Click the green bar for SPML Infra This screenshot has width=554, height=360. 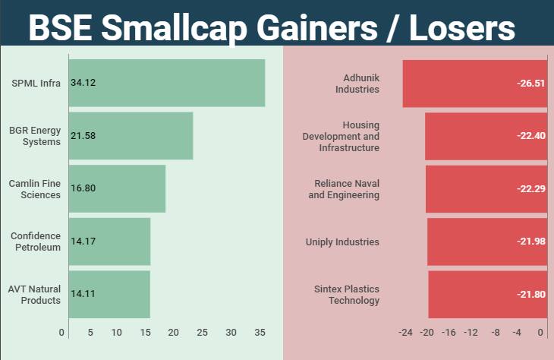[x=167, y=83]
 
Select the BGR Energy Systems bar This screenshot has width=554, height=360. [x=131, y=136]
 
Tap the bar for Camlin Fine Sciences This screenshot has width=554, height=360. [x=117, y=188]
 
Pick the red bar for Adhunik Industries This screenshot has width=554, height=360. [x=474, y=83]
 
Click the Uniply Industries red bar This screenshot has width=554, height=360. [x=487, y=242]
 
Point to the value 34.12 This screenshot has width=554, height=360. [x=83, y=83]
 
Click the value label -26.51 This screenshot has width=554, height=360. [x=530, y=83]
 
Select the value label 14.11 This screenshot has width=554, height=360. [x=83, y=294]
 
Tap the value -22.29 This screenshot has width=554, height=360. [x=530, y=188]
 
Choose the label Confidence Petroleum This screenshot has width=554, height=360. [x=36, y=242]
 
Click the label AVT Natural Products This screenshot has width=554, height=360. [x=34, y=294]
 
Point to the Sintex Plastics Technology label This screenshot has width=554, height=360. [x=347, y=294]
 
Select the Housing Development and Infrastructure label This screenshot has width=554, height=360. [x=341, y=136]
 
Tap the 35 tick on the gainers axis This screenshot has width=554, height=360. [x=260, y=333]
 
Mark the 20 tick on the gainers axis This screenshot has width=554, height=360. [x=174, y=333]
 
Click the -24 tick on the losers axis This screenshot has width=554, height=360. [x=405, y=333]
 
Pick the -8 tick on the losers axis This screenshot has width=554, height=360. [x=496, y=333]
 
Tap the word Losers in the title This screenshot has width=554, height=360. [x=462, y=29]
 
